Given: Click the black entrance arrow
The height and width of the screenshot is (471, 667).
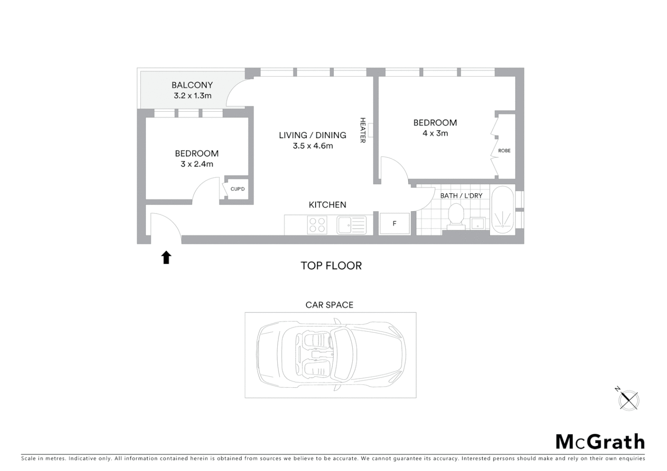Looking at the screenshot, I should click(x=166, y=257).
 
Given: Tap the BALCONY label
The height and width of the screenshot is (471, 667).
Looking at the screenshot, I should click(x=192, y=85).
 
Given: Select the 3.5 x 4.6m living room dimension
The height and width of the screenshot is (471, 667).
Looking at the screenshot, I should click(x=313, y=146).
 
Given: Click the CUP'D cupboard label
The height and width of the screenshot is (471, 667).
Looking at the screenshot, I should click(x=237, y=189).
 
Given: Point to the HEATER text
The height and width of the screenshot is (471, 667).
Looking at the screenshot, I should click(x=362, y=130).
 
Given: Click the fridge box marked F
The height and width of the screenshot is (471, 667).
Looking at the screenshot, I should click(x=395, y=224).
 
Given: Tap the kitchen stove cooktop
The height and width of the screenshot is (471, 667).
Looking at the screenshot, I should click(x=317, y=225).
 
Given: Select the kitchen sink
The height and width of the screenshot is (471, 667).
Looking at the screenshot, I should click(x=351, y=225).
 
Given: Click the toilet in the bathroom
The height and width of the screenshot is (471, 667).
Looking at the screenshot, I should click(x=456, y=216).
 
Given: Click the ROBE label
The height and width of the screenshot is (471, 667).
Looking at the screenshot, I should click(x=504, y=150).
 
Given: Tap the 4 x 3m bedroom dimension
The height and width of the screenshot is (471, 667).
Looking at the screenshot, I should click(x=435, y=133).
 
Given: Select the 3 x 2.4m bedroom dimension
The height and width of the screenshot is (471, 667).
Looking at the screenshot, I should click(x=197, y=164).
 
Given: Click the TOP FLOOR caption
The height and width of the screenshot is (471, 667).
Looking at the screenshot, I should click(x=331, y=266).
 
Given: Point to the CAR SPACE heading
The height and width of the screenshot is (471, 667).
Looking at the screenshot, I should click(x=330, y=305).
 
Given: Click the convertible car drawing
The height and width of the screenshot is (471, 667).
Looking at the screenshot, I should click(x=331, y=355).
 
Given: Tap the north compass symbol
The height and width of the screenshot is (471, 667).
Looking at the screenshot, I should click(x=629, y=399).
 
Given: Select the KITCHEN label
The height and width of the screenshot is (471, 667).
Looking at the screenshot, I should click(x=327, y=205).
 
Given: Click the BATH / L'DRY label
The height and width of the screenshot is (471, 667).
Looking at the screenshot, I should click(x=461, y=195).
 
